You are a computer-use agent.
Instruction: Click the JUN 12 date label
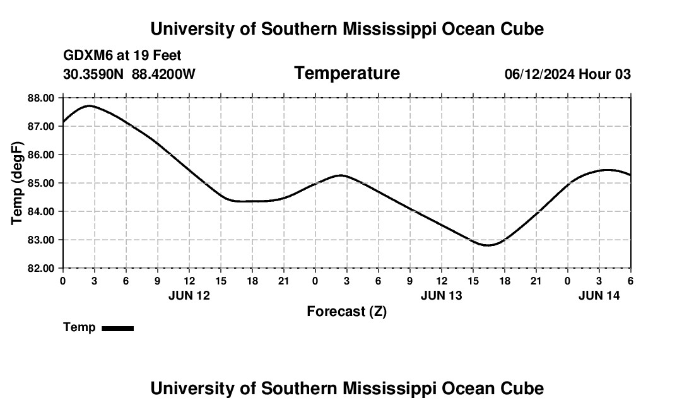[x=189, y=295]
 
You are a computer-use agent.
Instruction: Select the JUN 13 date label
[x=441, y=295]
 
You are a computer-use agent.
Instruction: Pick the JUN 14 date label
[x=599, y=295]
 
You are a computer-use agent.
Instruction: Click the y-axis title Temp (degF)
[x=18, y=183]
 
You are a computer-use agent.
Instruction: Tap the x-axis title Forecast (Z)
[x=346, y=311]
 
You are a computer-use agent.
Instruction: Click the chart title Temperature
[x=347, y=73]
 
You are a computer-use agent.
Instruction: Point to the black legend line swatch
[x=117, y=328]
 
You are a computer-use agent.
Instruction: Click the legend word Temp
[x=79, y=327]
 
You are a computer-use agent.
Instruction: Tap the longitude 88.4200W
[x=163, y=74]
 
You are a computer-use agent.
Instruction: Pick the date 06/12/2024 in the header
[x=539, y=74]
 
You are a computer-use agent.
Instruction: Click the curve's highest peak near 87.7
[x=90, y=106]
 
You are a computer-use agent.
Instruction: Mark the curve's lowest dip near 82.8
[x=488, y=245]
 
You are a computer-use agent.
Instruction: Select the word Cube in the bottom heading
[x=526, y=389]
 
